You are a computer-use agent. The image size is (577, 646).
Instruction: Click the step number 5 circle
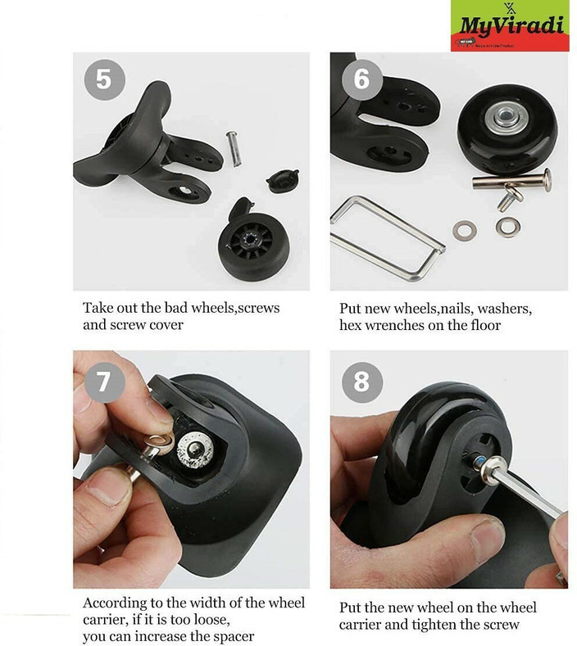point(103,79)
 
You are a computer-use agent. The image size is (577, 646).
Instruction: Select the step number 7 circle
point(103,381)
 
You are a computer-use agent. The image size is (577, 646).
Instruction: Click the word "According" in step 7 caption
point(115,603)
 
